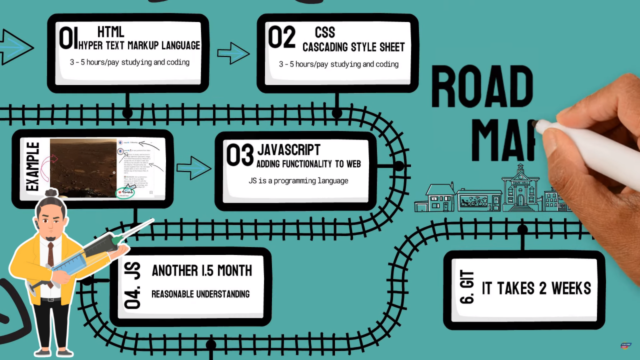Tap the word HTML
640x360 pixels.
pos(111,32)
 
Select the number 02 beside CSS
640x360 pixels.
pos(281,38)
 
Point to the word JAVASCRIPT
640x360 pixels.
pos(288,149)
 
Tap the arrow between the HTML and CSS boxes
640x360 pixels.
pos(233,53)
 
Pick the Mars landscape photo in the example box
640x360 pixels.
pos(83,167)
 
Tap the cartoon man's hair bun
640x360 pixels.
pos(52,193)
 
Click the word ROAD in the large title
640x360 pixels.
pos(482,88)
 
